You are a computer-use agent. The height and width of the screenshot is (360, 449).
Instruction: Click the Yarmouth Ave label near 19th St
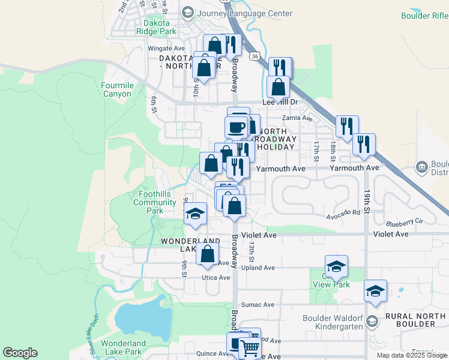pos(354,169)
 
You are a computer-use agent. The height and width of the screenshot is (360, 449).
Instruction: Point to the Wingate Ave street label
pos(166,48)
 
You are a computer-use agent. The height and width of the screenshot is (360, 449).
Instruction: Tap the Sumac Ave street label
pos(259,305)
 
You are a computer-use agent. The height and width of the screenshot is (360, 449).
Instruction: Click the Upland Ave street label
pos(258,268)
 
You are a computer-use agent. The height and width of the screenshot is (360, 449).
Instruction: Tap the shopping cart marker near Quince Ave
pos(249,347)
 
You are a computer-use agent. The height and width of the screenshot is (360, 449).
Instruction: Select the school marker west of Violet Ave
pos(195,214)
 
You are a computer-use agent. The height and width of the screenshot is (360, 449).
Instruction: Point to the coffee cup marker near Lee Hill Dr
pos(236,127)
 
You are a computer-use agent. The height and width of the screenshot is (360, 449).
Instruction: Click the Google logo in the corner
pos(20,353)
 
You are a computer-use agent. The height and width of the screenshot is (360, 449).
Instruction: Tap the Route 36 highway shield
pos(255,56)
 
